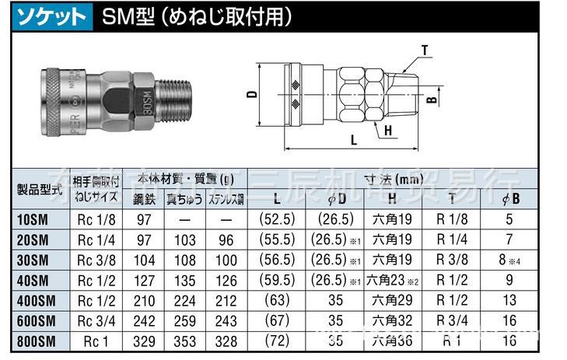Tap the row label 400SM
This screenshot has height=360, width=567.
tap(34, 299)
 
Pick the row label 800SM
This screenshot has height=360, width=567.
tap(34, 340)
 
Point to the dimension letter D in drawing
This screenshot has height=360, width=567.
tap(251, 94)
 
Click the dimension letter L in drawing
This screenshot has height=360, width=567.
tap(353, 141)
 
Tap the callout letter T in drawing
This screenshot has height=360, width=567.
tap(425, 51)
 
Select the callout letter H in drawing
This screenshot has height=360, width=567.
tap(387, 131)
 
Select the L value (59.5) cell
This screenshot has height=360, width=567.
tap(278, 279)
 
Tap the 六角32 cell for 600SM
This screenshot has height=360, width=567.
tap(392, 320)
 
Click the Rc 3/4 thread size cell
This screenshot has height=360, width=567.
tap(96, 320)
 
